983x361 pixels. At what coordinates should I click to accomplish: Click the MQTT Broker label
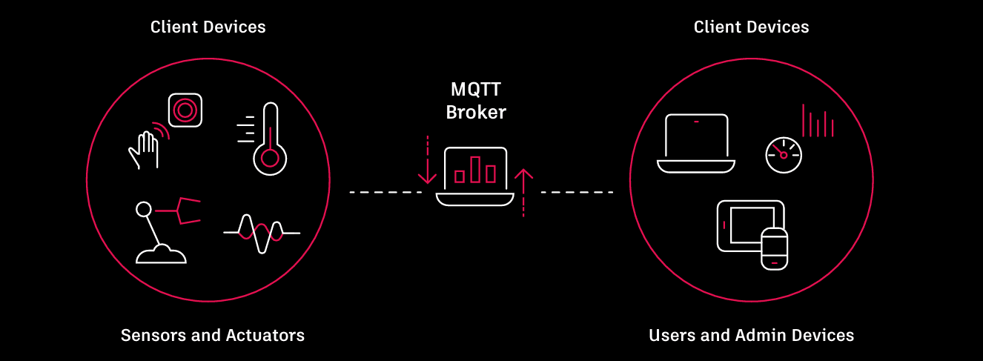tap(476, 102)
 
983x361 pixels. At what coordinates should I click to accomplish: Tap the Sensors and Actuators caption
tap(213, 335)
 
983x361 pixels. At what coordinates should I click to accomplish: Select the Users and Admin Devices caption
tap(751, 335)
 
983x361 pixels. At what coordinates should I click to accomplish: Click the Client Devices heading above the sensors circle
tap(208, 27)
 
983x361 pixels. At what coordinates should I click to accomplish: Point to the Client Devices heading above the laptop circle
tap(751, 27)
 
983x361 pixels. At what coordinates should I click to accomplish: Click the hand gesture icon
tap(145, 148)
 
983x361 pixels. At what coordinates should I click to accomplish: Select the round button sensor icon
tap(185, 111)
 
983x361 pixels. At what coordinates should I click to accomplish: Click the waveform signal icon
tap(261, 234)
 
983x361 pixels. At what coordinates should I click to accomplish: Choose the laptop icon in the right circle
tap(695, 144)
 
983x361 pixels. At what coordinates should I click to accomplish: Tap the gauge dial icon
tap(784, 154)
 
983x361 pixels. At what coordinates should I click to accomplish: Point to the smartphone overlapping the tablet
tap(775, 248)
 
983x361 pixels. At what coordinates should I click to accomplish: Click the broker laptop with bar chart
tap(475, 176)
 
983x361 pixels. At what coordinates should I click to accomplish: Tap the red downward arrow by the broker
tap(427, 160)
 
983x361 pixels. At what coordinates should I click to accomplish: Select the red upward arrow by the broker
tap(524, 192)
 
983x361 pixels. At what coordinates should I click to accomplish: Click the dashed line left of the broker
tap(385, 193)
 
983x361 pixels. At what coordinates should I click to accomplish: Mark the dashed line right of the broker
tap(577, 193)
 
